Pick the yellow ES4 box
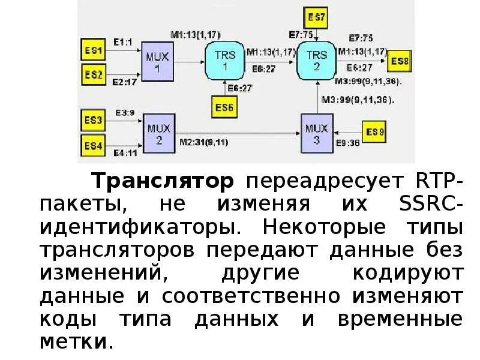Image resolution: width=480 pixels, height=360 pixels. (94, 145)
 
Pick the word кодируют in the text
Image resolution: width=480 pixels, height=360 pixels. (408, 273)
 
